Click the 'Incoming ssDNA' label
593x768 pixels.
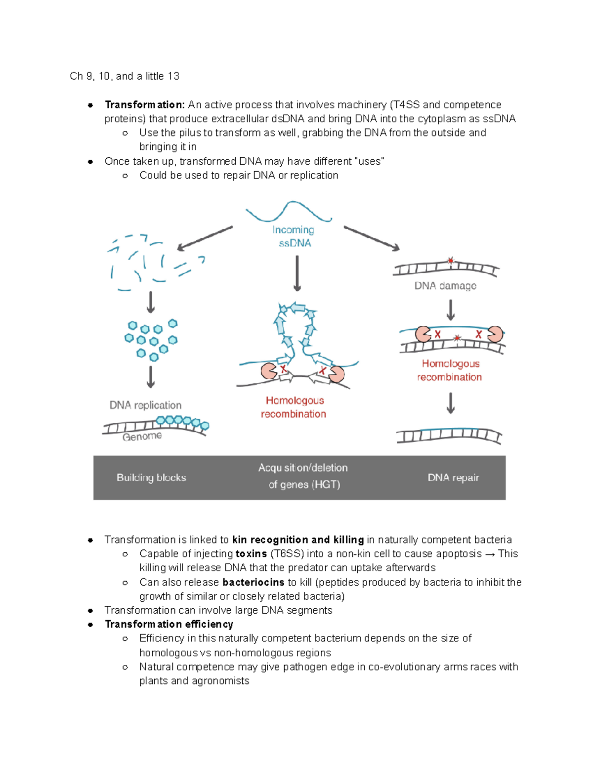[x=294, y=236]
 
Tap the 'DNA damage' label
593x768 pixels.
[x=445, y=286]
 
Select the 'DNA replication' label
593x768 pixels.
[x=145, y=405]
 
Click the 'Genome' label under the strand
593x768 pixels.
[x=142, y=437]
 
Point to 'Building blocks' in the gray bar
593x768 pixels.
[x=151, y=478]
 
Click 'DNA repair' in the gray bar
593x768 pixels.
[x=453, y=478]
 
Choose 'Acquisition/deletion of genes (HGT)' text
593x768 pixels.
[x=303, y=476]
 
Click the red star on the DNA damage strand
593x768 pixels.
[x=450, y=261]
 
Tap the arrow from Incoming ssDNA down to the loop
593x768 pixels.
[x=297, y=273]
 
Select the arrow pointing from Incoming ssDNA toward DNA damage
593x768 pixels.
[x=372, y=238]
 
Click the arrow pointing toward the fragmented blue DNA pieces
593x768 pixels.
[x=205, y=238]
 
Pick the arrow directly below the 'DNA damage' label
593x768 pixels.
[x=451, y=310]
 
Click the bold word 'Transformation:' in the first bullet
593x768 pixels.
[x=145, y=105]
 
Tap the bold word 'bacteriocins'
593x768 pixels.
[x=253, y=582]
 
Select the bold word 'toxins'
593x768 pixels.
[x=251, y=554]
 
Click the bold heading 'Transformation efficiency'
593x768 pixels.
[x=169, y=624]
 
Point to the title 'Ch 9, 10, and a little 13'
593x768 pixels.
[x=125, y=76]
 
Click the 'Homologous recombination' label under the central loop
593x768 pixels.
[x=294, y=407]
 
